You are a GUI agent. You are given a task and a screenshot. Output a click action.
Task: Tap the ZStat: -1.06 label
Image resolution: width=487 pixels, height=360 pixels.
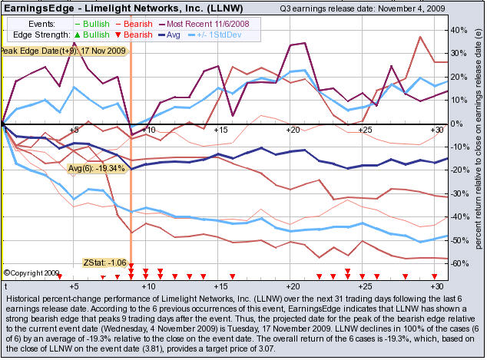coord(103,263)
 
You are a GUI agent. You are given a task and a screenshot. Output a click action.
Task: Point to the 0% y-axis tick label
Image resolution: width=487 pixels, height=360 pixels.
coord(459,124)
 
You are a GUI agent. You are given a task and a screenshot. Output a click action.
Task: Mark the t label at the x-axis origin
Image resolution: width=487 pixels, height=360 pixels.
coord(5,284)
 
